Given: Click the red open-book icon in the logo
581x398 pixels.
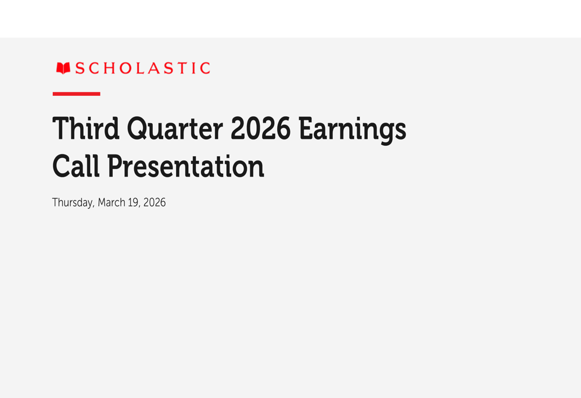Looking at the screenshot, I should point(63,69).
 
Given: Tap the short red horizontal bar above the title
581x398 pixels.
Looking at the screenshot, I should point(76,94).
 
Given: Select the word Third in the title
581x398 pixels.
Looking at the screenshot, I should point(85,129).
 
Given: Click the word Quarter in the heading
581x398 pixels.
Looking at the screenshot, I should point(175,129).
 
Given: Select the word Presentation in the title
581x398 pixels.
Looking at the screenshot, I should point(185,167).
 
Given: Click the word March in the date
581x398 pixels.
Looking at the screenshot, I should point(112,203).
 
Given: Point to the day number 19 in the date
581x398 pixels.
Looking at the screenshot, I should point(134,203).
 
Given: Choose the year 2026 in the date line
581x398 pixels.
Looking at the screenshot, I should point(155,203).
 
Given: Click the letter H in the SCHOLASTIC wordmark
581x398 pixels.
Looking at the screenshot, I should point(108,69).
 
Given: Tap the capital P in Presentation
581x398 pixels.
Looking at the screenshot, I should point(114,166).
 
